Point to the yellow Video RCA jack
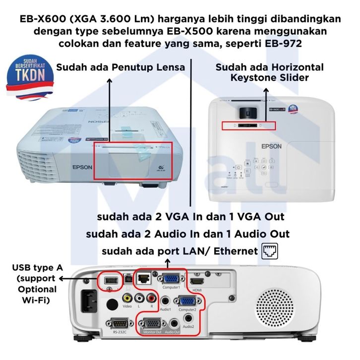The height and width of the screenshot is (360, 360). [x=128, y=298]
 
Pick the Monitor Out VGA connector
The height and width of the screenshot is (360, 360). [x=153, y=323]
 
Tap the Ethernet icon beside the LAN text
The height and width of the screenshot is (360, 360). [x=270, y=251]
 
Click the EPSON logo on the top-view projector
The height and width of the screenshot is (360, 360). [x=271, y=146]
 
